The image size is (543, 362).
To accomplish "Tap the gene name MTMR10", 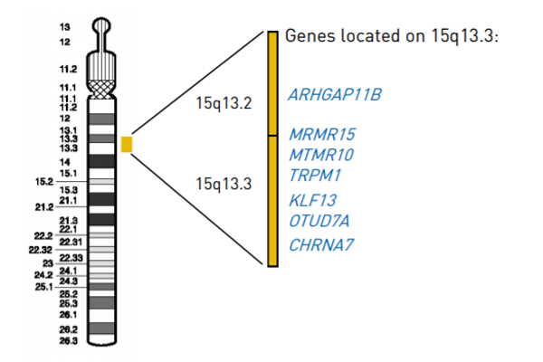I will click(x=321, y=154).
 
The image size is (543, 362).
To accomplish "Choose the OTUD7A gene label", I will click(x=319, y=221).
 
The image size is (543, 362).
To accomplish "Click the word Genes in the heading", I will click(x=307, y=36).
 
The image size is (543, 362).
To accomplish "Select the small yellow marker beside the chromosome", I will click(x=128, y=144).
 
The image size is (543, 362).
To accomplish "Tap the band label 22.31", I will click(x=71, y=242).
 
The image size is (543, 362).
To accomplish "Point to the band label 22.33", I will click(x=71, y=259).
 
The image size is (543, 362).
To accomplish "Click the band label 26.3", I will click(x=68, y=342).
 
